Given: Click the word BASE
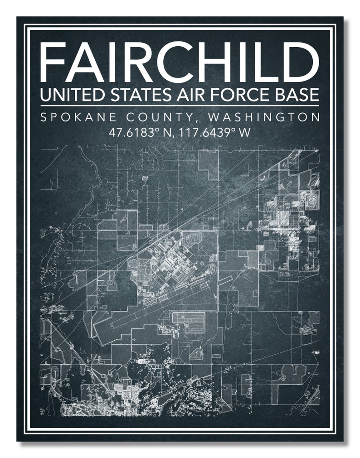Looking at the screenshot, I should (x=294, y=95).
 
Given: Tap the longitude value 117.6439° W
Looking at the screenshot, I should (x=214, y=133).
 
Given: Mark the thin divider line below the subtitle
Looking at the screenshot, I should (x=180, y=105).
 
